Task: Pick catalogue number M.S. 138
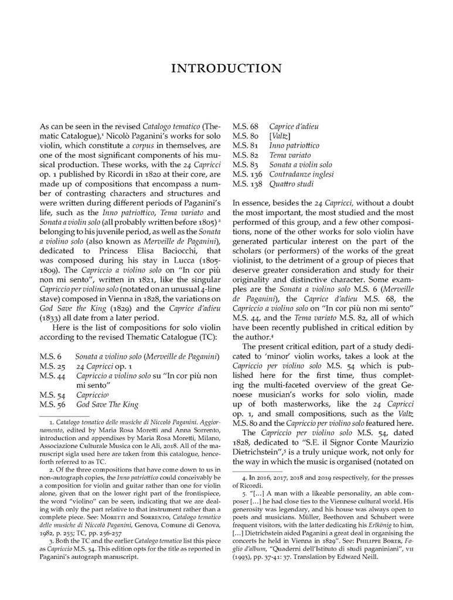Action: click(x=247, y=184)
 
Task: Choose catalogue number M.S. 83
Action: click(x=246, y=165)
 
